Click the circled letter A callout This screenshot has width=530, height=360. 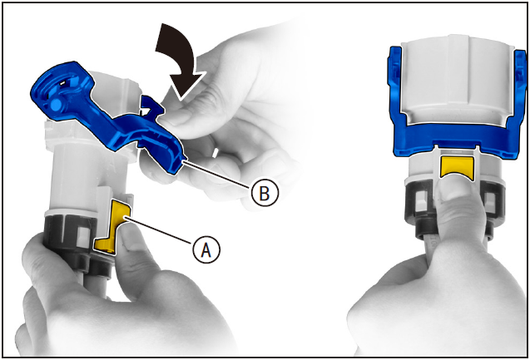point(206,250)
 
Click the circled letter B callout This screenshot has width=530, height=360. point(265,193)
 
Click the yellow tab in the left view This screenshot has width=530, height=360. point(113,226)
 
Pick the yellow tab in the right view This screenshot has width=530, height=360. point(457,167)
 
